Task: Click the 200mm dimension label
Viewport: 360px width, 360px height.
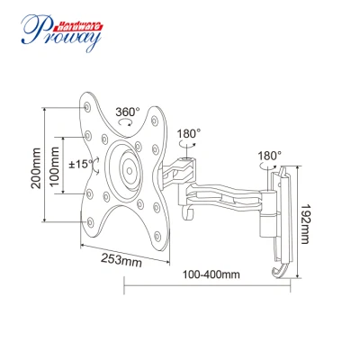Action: pos(36,168)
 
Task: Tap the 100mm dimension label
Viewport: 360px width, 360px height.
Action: pos(55,166)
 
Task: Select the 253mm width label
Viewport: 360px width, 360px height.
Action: pos(121,260)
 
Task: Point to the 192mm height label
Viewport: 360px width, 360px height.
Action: pos(305,224)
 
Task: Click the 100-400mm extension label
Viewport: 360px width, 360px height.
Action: pos(211,274)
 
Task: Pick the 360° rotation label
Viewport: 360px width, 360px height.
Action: pos(128,112)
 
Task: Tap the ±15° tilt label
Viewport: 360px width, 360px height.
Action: pos(81,164)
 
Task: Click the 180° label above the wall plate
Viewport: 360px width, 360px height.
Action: pos(270,156)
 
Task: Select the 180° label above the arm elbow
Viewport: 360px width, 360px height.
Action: pos(189,133)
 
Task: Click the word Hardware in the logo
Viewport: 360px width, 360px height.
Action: pos(77,27)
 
